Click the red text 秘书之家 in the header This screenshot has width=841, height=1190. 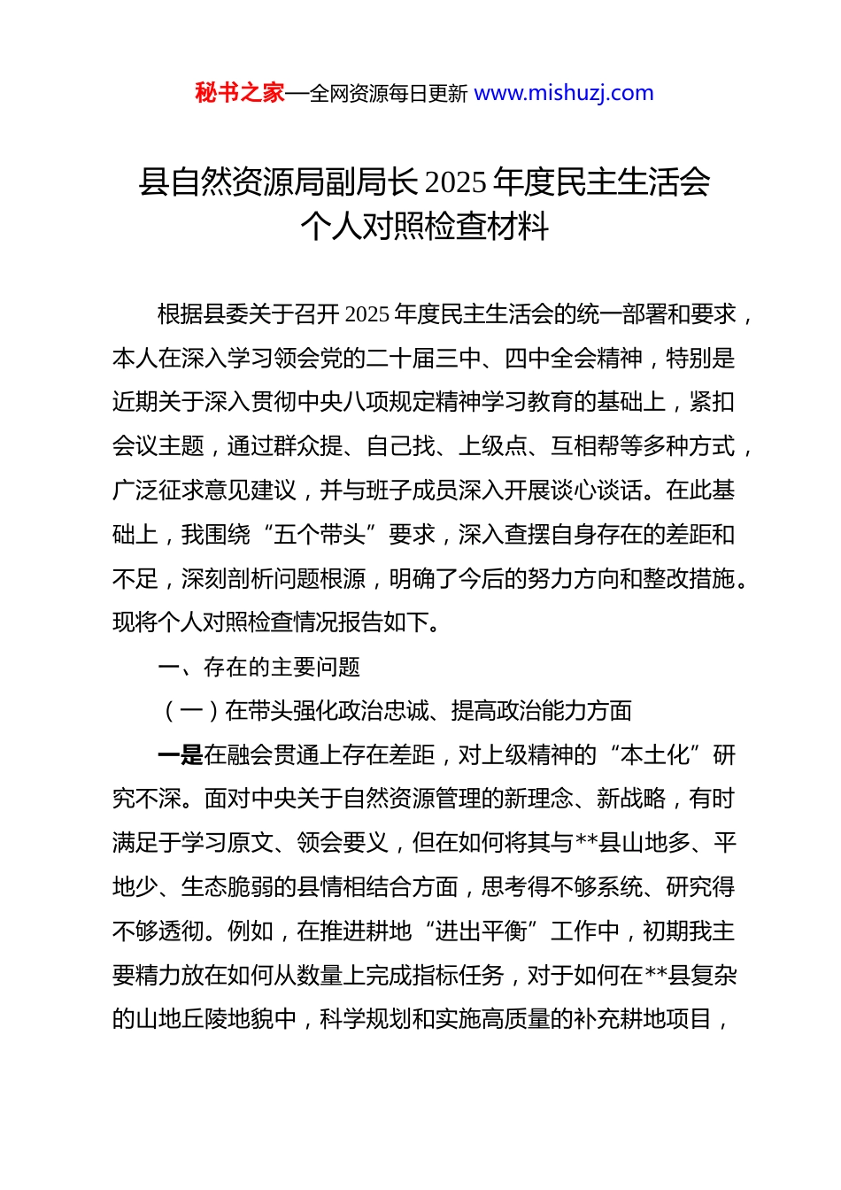pos(240,93)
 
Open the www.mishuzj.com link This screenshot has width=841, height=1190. pos(564,93)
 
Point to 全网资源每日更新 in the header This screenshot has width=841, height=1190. pos(389,94)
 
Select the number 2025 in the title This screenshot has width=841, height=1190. pos(455,182)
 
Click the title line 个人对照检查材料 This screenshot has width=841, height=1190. pos(424,227)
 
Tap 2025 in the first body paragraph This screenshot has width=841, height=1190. pos(366,314)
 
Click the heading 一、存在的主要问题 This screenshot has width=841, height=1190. pos(258,667)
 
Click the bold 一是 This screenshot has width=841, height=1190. pos(180,755)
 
